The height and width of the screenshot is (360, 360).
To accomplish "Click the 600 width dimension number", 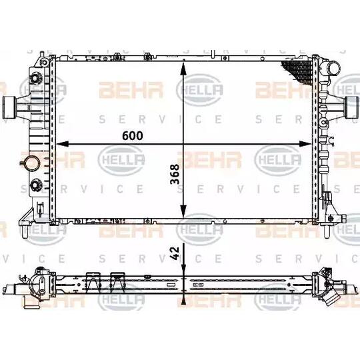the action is (x=133, y=135).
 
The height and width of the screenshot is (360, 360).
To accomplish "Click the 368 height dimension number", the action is (x=175, y=174).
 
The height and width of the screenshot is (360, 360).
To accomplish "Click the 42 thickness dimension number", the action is (x=175, y=253).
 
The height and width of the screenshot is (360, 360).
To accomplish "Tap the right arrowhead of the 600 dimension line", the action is (x=305, y=144).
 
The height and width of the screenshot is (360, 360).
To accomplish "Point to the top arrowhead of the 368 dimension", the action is (x=183, y=68).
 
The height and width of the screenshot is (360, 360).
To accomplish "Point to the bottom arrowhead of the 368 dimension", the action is (x=183, y=211).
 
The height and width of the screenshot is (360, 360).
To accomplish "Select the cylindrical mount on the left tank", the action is (x=9, y=108).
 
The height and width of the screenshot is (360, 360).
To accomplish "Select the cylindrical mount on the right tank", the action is (x=351, y=107).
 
